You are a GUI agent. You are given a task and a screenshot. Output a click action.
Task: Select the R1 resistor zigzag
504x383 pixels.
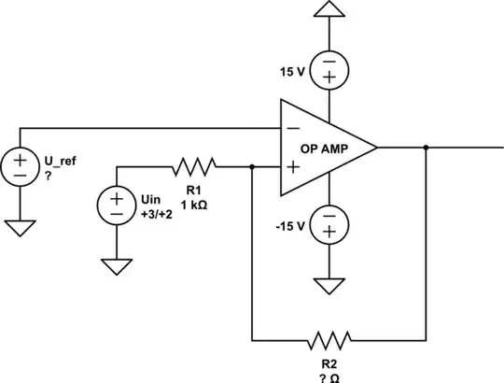click(x=194, y=167)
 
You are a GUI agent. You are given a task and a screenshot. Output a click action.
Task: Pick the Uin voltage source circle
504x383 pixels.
click(x=117, y=204)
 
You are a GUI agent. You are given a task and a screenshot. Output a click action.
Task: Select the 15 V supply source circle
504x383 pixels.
click(x=329, y=69)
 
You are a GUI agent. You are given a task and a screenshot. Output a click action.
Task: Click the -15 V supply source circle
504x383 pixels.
click(x=329, y=224)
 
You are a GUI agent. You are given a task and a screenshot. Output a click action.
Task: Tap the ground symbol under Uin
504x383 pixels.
click(x=117, y=266)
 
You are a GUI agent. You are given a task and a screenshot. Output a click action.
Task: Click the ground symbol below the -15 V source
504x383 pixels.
click(x=329, y=284)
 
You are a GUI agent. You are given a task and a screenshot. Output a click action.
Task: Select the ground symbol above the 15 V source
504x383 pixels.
click(x=329, y=11)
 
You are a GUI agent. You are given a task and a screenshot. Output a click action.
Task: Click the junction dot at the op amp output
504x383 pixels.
click(x=426, y=147)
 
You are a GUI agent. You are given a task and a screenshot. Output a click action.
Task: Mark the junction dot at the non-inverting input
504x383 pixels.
click(x=253, y=167)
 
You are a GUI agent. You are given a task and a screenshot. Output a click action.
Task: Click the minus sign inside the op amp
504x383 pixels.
click(x=293, y=127)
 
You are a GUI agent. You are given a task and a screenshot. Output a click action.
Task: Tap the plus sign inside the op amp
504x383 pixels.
click(x=293, y=167)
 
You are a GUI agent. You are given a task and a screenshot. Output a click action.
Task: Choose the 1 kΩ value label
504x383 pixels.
click(x=194, y=205)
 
